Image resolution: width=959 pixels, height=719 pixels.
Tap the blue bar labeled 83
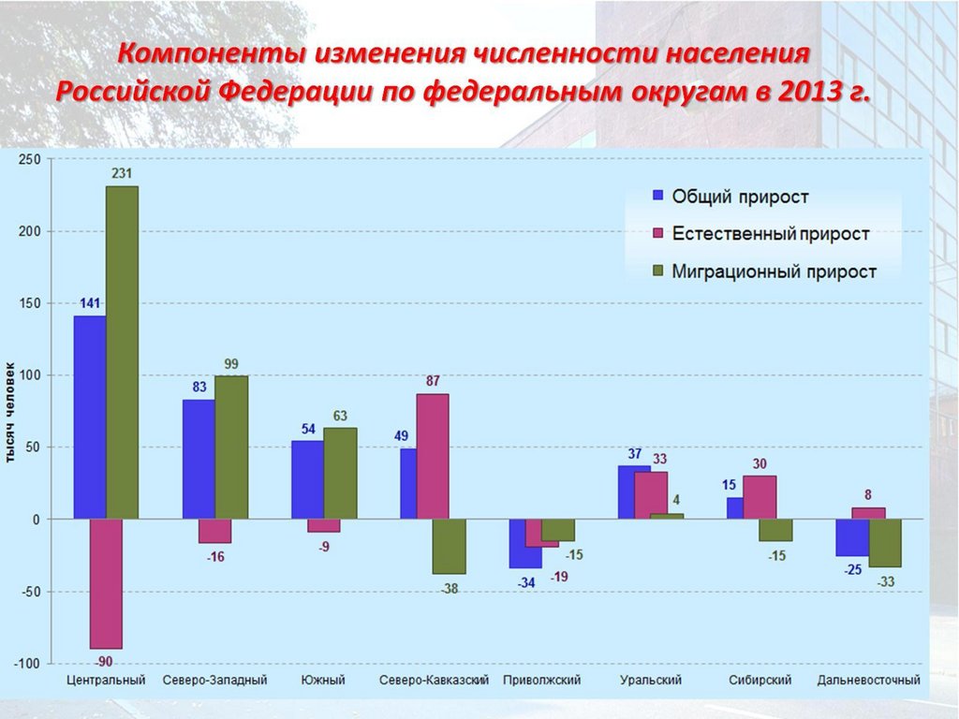coord(199,459)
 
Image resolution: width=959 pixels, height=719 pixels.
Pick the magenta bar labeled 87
coord(433,456)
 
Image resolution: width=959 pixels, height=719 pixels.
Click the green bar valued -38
coord(449,546)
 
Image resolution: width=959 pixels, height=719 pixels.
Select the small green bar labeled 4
coord(667,516)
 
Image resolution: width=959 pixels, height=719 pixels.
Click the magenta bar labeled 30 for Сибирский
coord(760,497)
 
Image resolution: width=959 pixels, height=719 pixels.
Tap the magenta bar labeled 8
coord(868,513)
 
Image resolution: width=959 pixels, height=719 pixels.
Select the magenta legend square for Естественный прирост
coord(657,233)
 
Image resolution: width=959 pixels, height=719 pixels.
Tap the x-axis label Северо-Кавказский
coord(435,680)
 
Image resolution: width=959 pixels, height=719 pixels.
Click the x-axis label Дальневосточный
coord(868,680)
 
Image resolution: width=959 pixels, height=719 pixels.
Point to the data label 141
coord(90,303)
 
